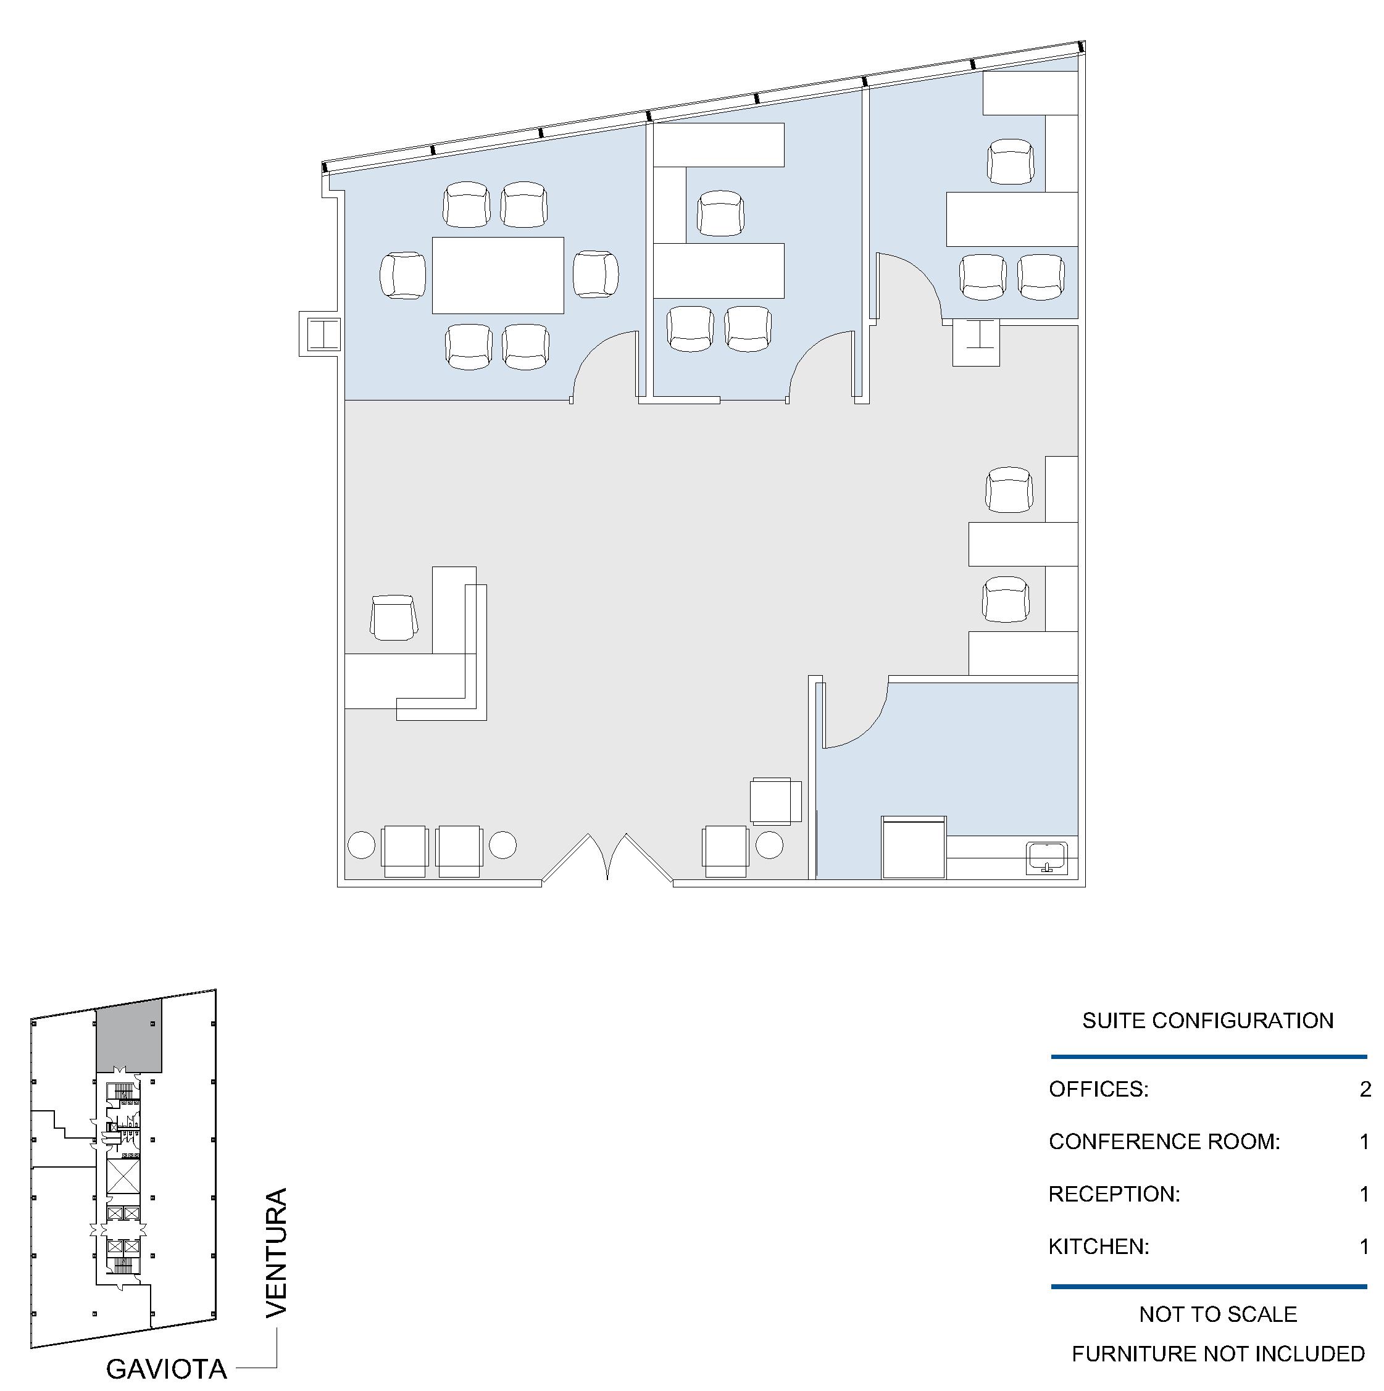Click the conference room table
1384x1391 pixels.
pos(498,275)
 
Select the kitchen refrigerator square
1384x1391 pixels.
pos(914,847)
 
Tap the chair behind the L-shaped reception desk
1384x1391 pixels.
pos(393,617)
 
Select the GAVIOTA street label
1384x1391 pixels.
pos(166,1369)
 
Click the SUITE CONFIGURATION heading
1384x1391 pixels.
pos(1207,1020)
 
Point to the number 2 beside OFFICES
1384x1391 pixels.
pos(1365,1089)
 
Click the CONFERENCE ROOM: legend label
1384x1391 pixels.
pos(1164,1141)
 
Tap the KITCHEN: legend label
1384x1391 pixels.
pos(1099,1247)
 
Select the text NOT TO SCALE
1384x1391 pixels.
pos(1218,1314)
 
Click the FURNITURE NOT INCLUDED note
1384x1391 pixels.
pos(1218,1354)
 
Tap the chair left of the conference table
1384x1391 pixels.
pos(403,275)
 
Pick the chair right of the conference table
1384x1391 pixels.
pos(596,274)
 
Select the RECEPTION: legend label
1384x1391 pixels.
pos(1114,1194)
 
